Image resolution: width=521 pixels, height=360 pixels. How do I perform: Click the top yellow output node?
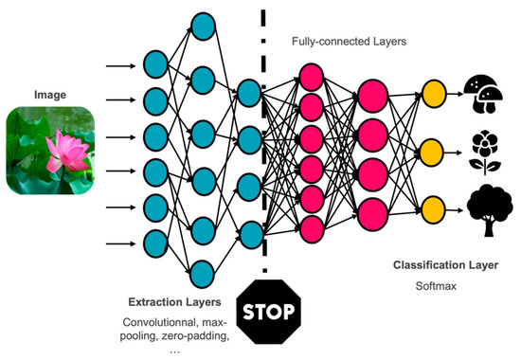tap(435, 93)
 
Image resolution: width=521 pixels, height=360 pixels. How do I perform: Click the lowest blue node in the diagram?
tap(202, 274)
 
